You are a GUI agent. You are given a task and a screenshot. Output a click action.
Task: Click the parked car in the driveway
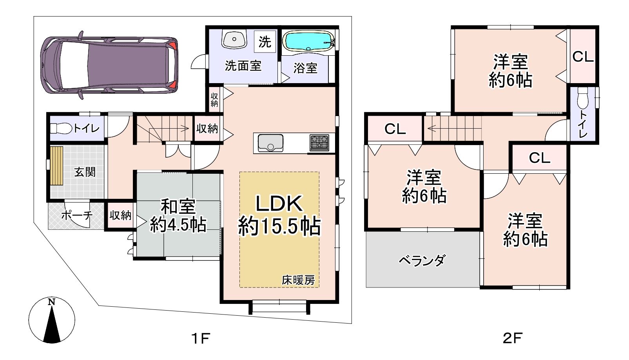coord(109,65)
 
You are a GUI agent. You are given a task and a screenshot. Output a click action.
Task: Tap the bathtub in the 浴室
coord(309,42)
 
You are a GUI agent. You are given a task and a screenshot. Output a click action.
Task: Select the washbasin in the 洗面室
coord(234,39)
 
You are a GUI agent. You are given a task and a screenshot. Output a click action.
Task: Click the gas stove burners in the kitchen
coord(319,143)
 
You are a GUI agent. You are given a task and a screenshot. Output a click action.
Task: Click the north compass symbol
coord(52,320)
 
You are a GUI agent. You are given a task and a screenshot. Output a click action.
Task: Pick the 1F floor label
coord(201,338)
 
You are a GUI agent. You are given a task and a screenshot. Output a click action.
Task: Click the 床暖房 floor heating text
coord(298,280)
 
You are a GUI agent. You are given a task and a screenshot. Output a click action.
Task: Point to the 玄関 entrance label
coord(85,172)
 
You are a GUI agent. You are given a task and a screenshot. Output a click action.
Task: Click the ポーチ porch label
coord(77,216)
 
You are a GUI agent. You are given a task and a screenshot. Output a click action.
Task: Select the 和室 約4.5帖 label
coord(178,216)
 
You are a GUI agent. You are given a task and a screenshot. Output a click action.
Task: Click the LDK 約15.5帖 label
coord(279,215)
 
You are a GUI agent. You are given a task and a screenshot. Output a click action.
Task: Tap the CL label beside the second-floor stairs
coord(395,129)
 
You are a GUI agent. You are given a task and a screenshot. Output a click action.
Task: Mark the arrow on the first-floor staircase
coord(169,129)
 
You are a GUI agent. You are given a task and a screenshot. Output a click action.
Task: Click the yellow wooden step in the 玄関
coord(57,165)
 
